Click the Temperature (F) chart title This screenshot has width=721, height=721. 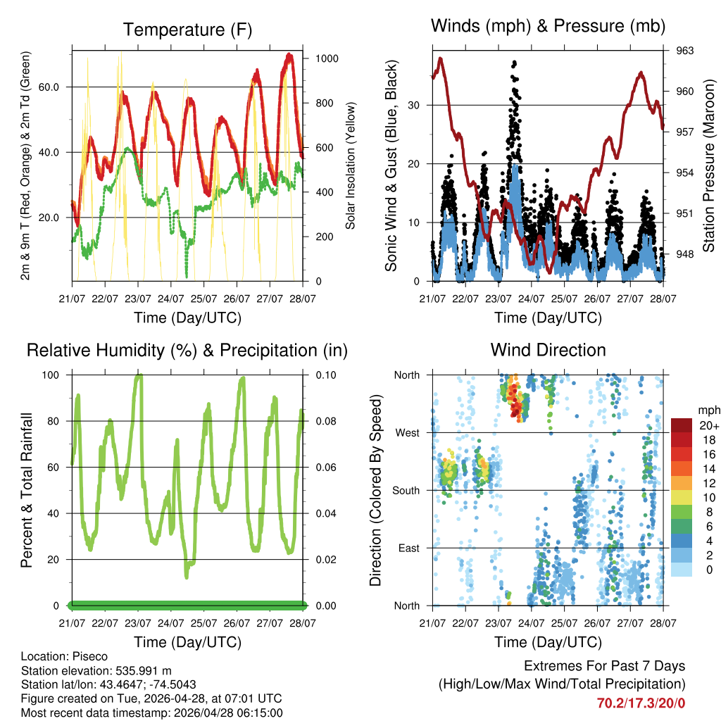point(187,30)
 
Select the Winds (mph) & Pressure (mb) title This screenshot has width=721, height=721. point(548,26)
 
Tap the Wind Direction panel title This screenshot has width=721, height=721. point(548,349)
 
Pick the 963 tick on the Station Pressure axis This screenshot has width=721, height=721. point(685,51)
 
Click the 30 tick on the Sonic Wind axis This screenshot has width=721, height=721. point(415,105)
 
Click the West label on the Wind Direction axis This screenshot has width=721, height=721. point(408,432)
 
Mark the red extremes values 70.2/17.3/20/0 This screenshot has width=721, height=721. point(641,703)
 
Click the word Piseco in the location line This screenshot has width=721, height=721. point(89,656)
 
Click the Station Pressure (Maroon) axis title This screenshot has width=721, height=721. point(708,166)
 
